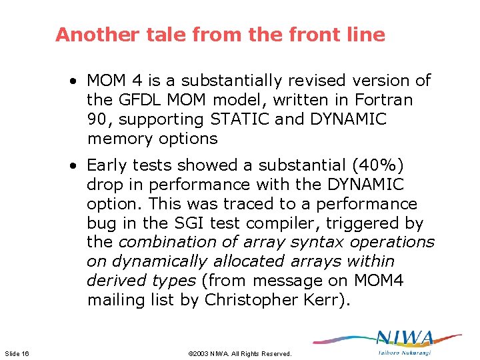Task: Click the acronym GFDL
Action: pyautogui.click(x=136, y=100)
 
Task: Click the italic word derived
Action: pyautogui.click(x=113, y=281)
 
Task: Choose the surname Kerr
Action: pyautogui.click(x=331, y=300)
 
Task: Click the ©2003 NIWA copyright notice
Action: pyautogui.click(x=240, y=353)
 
